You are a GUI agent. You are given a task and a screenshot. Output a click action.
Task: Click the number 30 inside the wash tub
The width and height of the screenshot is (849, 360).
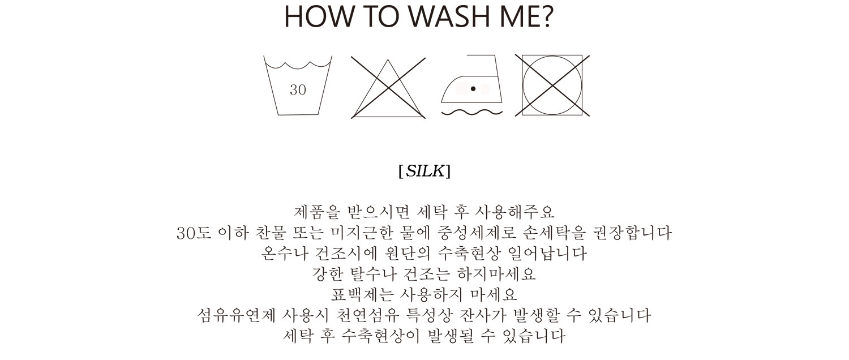coord(298,90)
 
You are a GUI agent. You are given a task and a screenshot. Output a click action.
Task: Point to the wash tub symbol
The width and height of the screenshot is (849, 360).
coord(298,85)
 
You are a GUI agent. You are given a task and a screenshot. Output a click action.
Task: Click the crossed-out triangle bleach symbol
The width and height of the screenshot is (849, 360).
coord(388,88)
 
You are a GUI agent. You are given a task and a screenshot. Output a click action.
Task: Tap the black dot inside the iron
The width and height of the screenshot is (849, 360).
coord(473,89)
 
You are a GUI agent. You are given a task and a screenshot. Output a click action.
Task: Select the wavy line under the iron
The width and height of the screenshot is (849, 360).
coord(472,112)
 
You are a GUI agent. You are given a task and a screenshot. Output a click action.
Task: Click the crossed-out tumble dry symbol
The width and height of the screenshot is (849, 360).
coord(552,85)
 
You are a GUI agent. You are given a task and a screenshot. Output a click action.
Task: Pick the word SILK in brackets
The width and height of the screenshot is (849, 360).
coord(425,172)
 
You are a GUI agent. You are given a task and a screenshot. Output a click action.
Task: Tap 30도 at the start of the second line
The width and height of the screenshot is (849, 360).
coord(194,233)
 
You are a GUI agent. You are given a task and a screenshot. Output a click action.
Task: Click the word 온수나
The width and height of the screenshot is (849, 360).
coord(285,253)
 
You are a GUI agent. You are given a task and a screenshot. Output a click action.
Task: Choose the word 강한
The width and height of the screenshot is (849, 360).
coord(328,273)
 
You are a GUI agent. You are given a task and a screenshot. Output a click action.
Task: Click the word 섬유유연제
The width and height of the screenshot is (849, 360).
coord(237,315)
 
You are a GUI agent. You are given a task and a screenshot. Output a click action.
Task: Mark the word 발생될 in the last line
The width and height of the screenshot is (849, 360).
coord(451,336)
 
